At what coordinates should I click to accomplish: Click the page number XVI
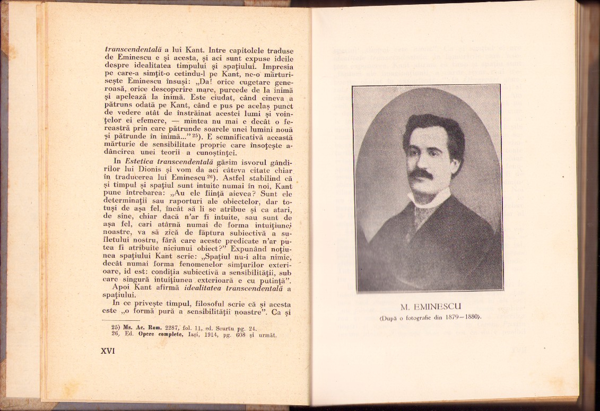108,351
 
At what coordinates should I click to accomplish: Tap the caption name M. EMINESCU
427,307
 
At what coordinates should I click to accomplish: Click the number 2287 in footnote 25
170,328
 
